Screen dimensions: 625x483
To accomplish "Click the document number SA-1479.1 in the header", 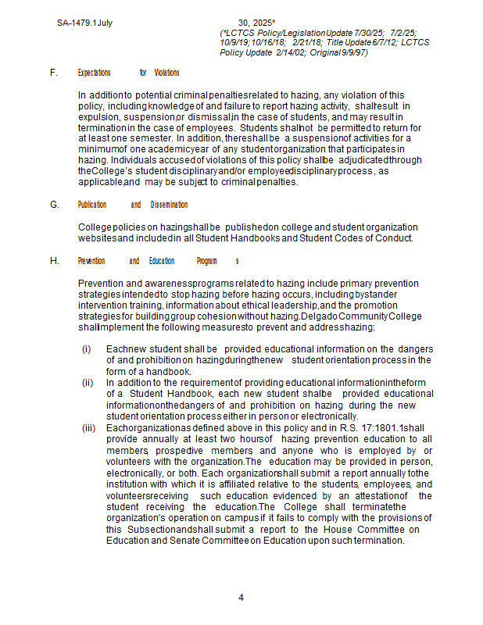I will tap(76, 23).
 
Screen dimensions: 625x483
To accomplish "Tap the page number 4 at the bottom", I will tap(241, 598).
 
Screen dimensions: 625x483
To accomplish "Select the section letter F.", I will tap(54, 73).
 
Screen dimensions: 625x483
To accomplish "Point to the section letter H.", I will tap(55, 261).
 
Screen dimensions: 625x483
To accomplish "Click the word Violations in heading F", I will tap(166, 73).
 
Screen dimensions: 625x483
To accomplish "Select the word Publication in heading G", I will tap(92, 205).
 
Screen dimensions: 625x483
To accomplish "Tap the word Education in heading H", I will tap(162, 261).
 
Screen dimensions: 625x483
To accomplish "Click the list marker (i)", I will tap(87, 348).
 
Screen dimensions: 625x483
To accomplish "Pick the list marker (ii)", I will tap(88, 383).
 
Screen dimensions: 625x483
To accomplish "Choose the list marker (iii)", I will tap(89, 428).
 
